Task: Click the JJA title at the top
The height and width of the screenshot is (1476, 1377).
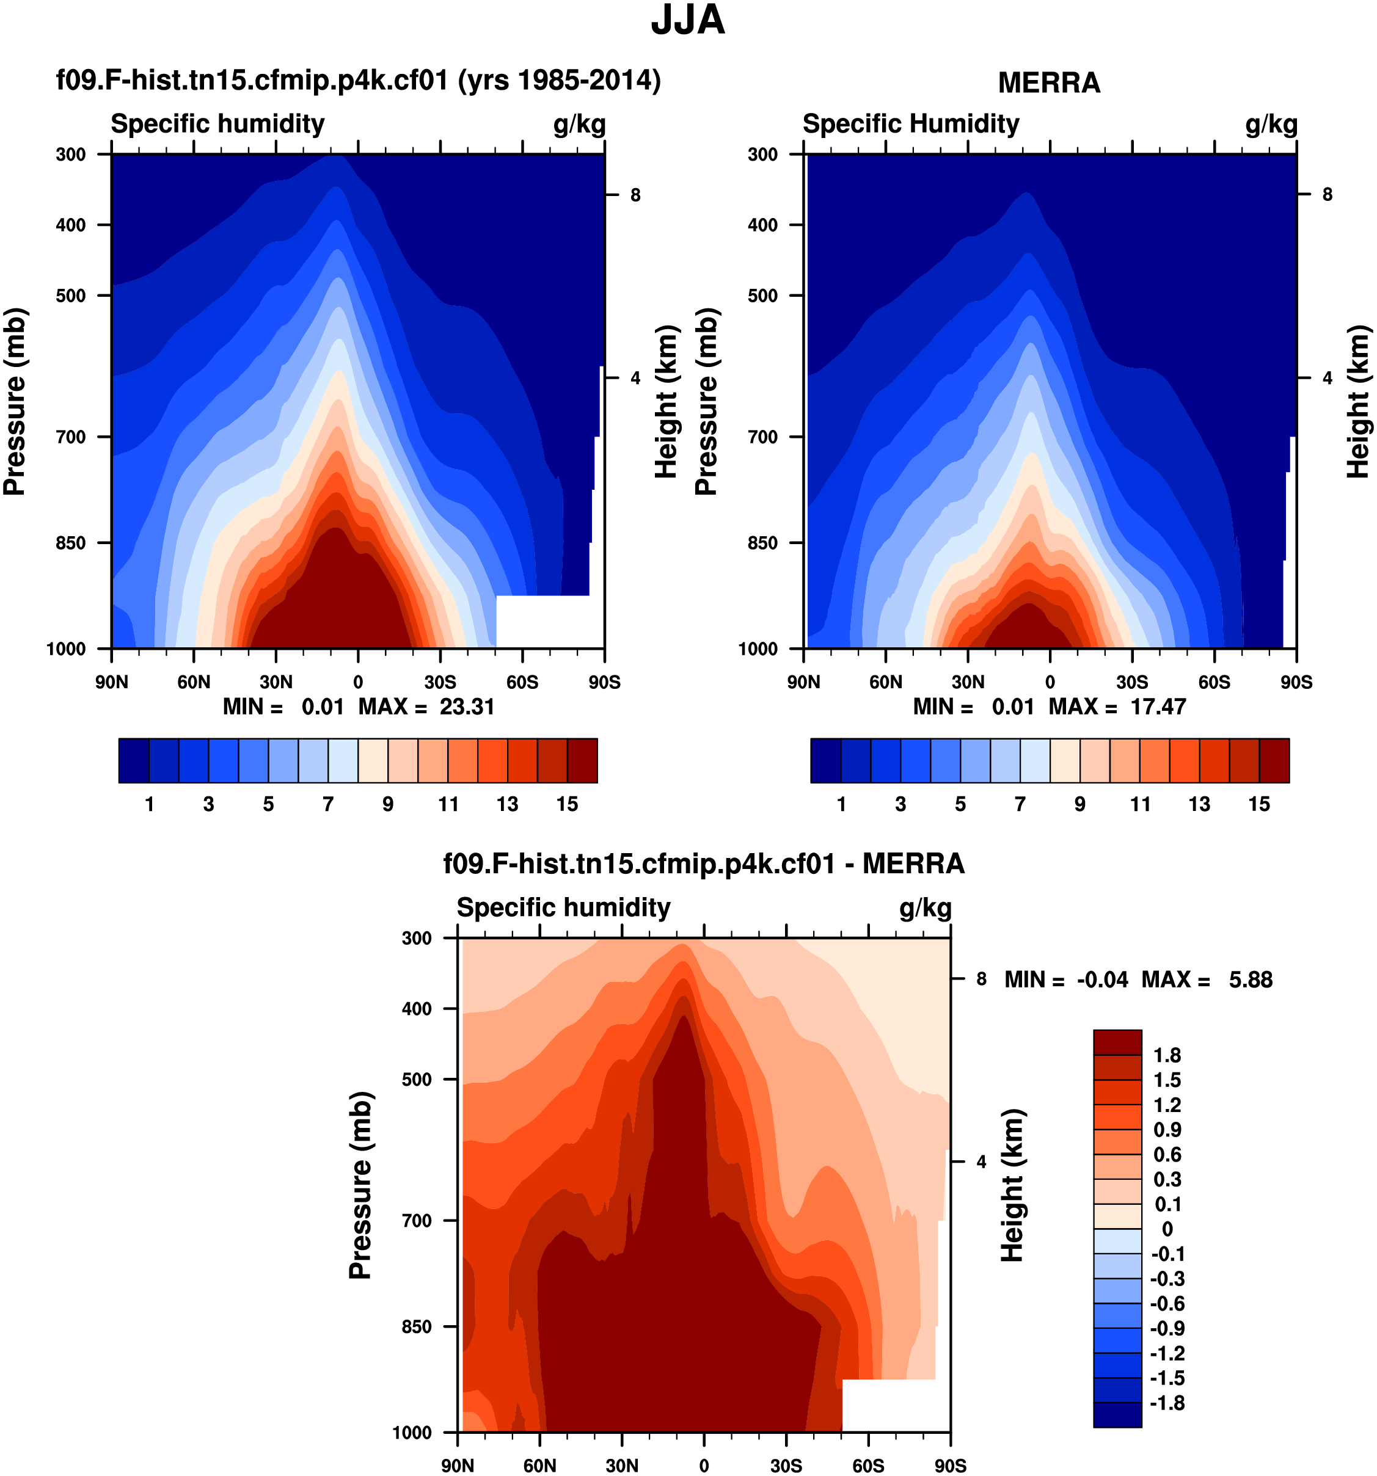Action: tap(687, 21)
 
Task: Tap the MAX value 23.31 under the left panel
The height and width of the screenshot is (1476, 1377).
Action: tap(466, 706)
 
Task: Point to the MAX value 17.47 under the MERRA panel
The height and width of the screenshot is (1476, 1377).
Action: tap(1158, 706)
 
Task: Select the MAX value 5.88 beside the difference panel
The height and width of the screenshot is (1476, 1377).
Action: tap(1250, 980)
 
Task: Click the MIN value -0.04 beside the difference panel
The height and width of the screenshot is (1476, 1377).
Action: tap(1102, 980)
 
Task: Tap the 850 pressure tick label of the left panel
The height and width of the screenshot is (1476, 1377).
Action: tap(71, 543)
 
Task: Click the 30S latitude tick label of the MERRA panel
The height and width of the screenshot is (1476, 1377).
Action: tap(1131, 682)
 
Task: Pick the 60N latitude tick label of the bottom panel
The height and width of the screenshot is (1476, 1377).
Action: tap(539, 1466)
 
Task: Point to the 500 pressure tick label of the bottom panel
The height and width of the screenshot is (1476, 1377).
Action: tap(417, 1079)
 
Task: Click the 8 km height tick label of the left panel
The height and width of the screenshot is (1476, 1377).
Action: tap(635, 195)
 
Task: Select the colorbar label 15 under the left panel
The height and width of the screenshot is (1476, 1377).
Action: tap(567, 804)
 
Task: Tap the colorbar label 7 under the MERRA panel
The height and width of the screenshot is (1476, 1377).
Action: tap(1020, 804)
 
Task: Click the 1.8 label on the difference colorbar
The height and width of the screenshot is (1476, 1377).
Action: tap(1167, 1055)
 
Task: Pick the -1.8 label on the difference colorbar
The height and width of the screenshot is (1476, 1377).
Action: tap(1167, 1403)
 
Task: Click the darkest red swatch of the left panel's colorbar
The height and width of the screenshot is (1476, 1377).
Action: tap(582, 760)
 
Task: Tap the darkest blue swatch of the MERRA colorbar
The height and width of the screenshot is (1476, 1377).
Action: tap(825, 760)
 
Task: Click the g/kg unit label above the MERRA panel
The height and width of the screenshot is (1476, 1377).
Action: tap(1271, 124)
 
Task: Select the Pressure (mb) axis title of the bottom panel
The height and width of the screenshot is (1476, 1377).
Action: tap(360, 1185)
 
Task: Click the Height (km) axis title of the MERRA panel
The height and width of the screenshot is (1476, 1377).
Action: tap(1357, 402)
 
